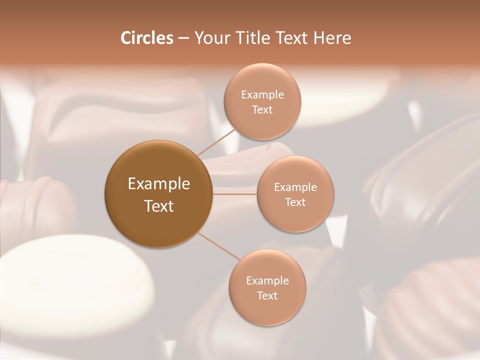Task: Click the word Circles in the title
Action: coord(146,38)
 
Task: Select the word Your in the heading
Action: coord(210,38)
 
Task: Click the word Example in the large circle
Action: coord(159,184)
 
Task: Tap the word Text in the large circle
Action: coord(159,206)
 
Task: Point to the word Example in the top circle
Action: coord(262,95)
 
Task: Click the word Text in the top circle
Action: coord(262,109)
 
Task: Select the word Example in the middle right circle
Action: coord(295,187)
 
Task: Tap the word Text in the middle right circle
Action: coord(295,202)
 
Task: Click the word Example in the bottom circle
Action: coord(267,281)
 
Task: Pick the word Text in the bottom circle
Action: coord(267,295)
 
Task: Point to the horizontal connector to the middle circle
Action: coord(235,194)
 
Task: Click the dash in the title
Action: coord(183,38)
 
